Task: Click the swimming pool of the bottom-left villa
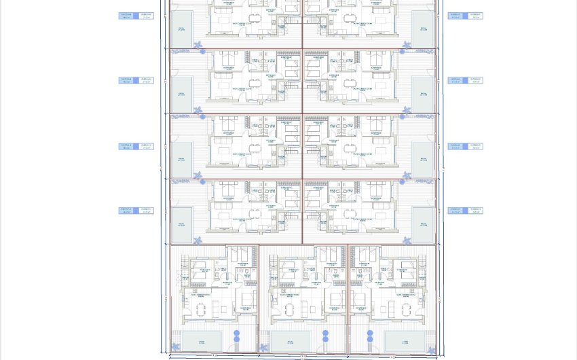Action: click(x=201, y=342)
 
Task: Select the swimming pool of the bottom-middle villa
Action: click(x=290, y=342)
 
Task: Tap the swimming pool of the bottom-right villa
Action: click(x=405, y=342)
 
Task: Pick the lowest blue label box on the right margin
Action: click(x=465, y=211)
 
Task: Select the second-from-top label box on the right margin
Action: click(x=465, y=81)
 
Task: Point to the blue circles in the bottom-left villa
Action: click(x=237, y=336)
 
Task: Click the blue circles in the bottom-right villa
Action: click(x=370, y=336)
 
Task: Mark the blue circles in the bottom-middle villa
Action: click(x=326, y=336)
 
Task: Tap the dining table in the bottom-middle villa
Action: click(x=289, y=310)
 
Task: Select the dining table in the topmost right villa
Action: click(x=351, y=19)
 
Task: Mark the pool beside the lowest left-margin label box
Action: click(x=181, y=225)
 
